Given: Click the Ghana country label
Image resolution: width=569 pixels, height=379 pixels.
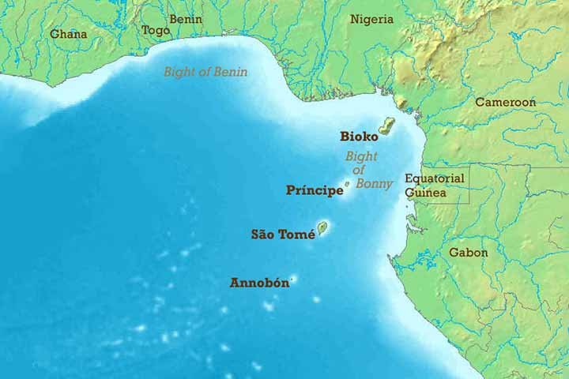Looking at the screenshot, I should coord(69,34).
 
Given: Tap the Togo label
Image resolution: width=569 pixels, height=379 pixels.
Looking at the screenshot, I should coord(156,31).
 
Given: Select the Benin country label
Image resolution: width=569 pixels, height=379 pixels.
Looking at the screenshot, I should coord(186,19).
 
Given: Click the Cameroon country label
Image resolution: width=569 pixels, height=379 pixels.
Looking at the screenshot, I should coord(505,103).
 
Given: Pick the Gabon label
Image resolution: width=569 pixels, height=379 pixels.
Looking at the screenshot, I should coord(469,253).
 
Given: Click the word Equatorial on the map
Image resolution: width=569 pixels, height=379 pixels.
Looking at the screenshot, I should coord(435,178).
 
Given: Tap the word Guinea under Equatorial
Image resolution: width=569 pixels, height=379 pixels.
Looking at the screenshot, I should coord(426,193).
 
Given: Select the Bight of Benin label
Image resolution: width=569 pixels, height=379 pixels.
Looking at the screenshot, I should coord(205,72).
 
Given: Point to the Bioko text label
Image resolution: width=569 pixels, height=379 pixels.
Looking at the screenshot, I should coord(356,136).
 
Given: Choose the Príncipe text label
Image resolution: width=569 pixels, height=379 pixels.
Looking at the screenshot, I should coord(315,190).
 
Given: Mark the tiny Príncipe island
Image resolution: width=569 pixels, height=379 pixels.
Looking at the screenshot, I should coord(347,184).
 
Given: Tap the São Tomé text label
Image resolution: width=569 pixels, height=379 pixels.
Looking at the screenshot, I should coord(283,234).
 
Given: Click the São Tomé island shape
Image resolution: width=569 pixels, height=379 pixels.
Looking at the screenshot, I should coord(322,228).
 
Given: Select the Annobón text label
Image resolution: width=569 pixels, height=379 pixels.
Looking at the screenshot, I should coord(259,282).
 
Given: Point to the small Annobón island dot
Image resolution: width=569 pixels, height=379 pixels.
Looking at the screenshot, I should coord(292,280).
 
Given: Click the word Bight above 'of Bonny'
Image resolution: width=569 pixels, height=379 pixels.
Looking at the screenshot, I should coord(361,156).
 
